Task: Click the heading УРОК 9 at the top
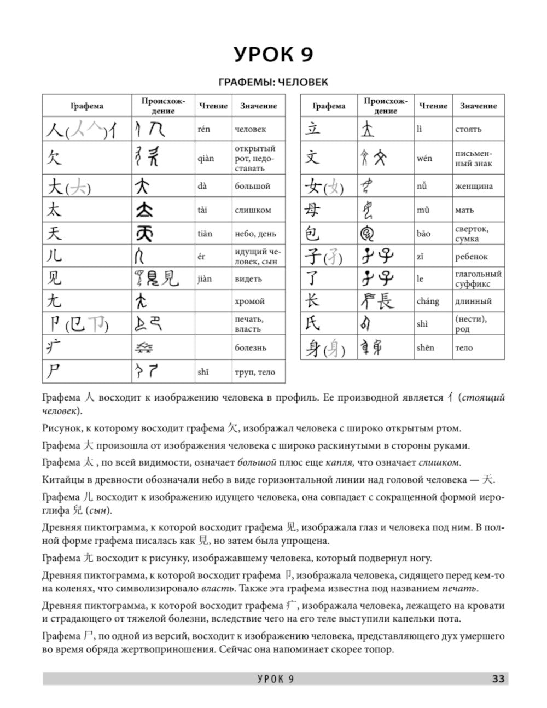pos(273,55)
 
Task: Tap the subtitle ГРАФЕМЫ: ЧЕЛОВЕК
pos(273,83)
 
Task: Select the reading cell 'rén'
pos(203,129)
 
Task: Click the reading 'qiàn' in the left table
pos(206,158)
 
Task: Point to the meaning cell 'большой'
pos(253,186)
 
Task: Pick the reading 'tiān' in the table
pos(205,234)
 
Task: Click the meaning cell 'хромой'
pos(250,301)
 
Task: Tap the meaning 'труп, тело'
pos(255,372)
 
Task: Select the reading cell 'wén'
pos(424,158)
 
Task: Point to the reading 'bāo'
pos(423,234)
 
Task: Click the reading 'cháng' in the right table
pos(427,301)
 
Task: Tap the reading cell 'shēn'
pos(425,347)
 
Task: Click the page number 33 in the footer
pos(498,679)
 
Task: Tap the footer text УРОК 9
pos(276,679)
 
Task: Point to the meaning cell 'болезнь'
pos(251,347)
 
